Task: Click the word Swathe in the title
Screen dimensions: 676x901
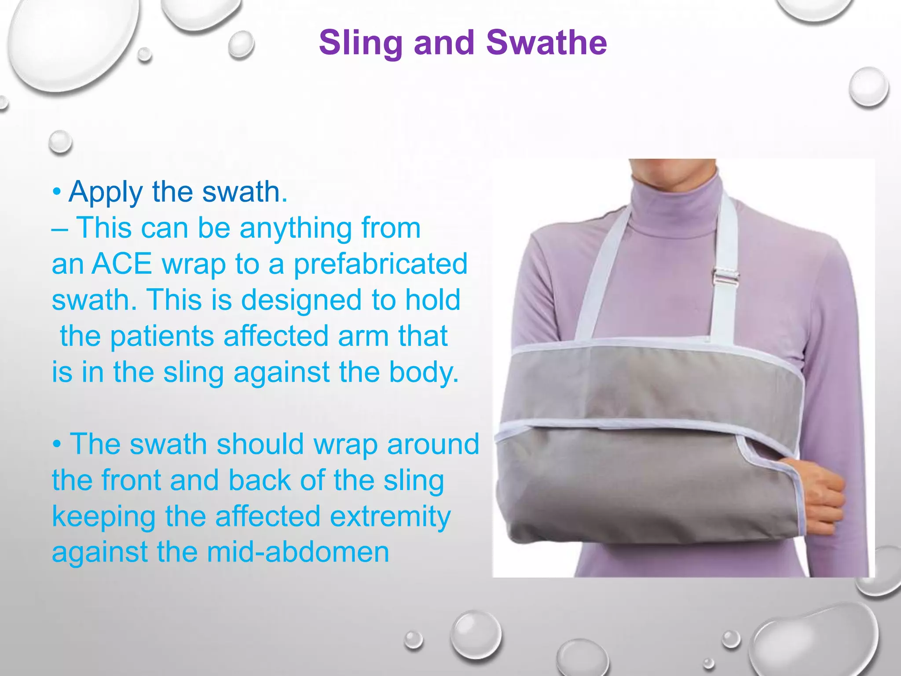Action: point(546,43)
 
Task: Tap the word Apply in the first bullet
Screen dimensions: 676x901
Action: point(106,192)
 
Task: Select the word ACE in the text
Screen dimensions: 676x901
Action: point(121,264)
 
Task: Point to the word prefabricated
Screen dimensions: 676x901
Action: point(380,264)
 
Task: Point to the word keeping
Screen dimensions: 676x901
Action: point(104,517)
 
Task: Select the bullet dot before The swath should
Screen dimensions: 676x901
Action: point(57,445)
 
